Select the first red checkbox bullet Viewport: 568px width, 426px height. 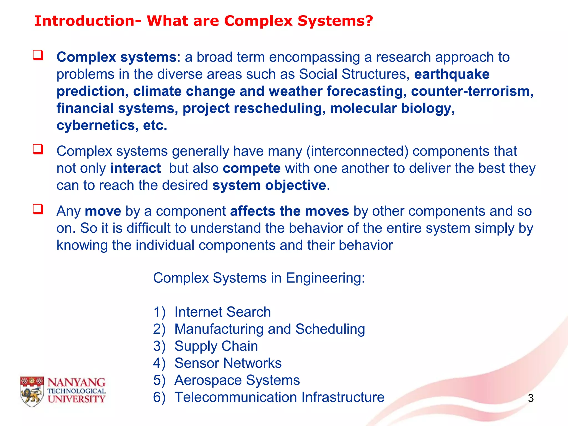[x=38, y=55]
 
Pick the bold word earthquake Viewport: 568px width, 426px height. [x=452, y=74]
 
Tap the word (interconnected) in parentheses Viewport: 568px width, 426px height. [x=357, y=151]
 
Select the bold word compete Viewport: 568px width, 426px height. [x=252, y=168]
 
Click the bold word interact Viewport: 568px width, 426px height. [x=135, y=168]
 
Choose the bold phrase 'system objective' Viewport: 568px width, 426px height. [x=269, y=185]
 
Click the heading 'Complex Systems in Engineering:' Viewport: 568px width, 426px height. [x=259, y=278]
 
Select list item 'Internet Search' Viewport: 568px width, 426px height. [x=222, y=312]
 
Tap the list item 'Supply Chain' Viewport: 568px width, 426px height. [x=216, y=346]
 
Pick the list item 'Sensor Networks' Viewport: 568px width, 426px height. [x=228, y=363]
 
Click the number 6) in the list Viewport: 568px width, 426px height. [x=159, y=397]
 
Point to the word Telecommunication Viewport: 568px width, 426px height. [x=236, y=397]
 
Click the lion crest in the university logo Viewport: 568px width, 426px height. [x=32, y=392]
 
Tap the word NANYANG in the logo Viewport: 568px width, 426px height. [x=76, y=383]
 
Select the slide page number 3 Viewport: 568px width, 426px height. [x=531, y=398]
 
